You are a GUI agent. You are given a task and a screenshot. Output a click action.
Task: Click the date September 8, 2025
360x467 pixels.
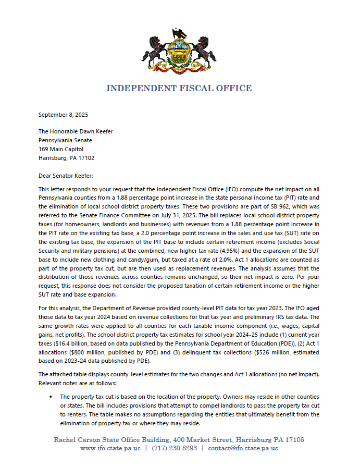(x=60, y=115)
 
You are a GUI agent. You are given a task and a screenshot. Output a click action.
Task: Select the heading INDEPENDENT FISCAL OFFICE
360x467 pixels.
(x=179, y=89)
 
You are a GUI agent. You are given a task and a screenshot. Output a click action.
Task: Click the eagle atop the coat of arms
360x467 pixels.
(x=180, y=34)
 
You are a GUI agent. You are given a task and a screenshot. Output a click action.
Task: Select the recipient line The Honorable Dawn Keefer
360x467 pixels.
(x=76, y=131)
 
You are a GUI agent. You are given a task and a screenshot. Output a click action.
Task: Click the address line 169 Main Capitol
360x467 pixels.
(x=61, y=149)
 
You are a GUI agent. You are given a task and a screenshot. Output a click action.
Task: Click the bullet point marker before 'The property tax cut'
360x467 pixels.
(x=51, y=397)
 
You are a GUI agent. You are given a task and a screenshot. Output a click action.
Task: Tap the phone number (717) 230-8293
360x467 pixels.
(x=176, y=448)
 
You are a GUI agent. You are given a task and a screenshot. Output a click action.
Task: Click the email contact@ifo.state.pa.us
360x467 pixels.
(x=243, y=448)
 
